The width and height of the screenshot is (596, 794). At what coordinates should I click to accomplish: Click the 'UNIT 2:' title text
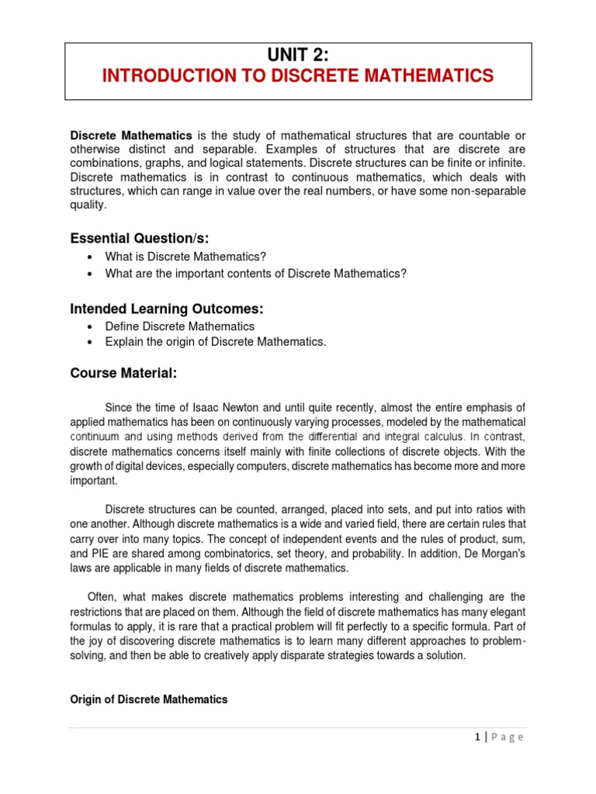(x=298, y=54)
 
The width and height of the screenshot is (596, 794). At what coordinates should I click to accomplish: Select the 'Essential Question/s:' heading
(x=140, y=238)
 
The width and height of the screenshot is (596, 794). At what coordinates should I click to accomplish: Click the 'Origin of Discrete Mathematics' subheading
(x=149, y=699)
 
